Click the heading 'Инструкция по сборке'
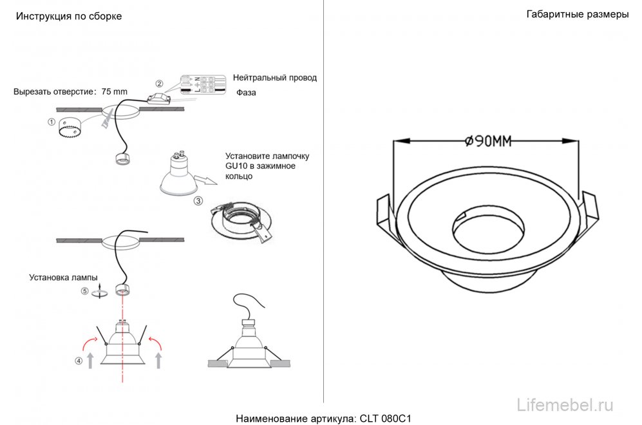(x=68, y=16)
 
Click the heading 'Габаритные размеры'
(x=577, y=15)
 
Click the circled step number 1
(x=52, y=121)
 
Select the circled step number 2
(x=160, y=84)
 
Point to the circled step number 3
(x=198, y=202)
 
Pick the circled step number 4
(x=79, y=361)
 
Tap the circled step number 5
(x=84, y=291)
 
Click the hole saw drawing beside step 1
(x=69, y=128)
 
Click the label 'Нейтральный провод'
(x=275, y=78)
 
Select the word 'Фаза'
(x=245, y=93)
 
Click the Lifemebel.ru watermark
(x=565, y=404)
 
